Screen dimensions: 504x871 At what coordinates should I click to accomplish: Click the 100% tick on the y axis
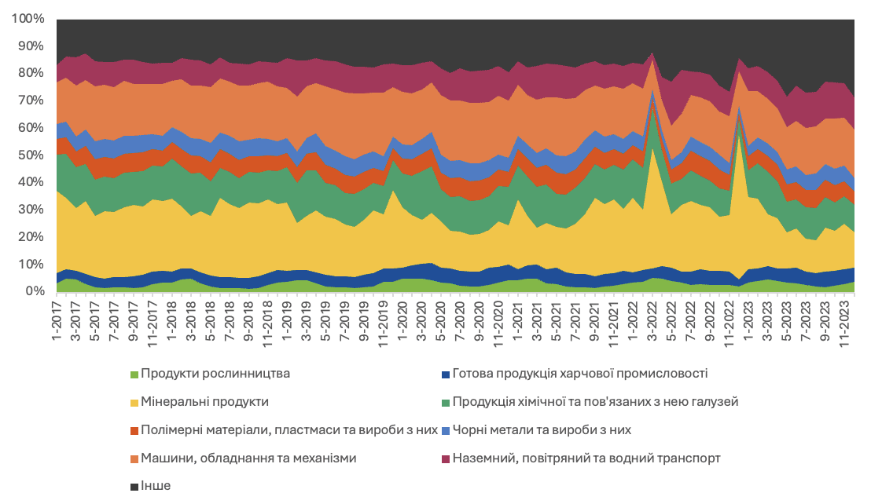(28, 19)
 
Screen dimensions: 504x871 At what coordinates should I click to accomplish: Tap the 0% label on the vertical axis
(35, 291)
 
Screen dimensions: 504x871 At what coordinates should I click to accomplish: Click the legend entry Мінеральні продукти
(204, 402)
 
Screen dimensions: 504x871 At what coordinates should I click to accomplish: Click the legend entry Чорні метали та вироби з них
(542, 430)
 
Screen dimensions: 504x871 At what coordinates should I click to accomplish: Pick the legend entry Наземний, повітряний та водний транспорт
(586, 458)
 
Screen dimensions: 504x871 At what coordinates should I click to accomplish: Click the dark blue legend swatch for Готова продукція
(445, 374)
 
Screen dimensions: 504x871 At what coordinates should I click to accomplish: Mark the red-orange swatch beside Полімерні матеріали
(134, 430)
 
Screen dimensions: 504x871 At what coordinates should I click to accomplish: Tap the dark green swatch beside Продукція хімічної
(445, 402)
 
